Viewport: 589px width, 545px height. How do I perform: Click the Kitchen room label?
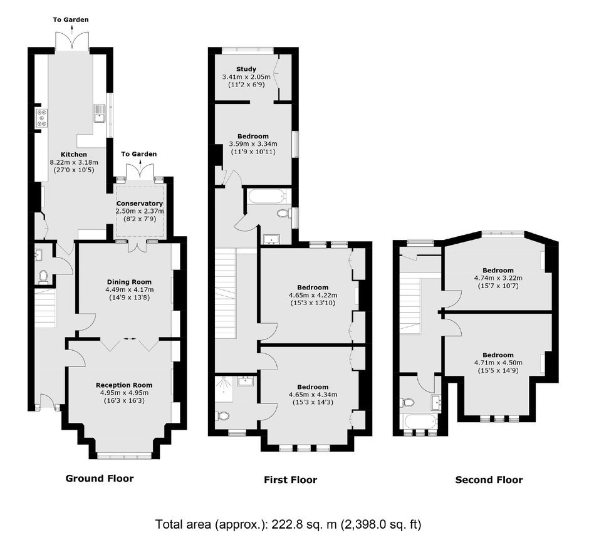pyautogui.click(x=74, y=154)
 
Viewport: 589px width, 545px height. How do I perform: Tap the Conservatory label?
pyautogui.click(x=140, y=204)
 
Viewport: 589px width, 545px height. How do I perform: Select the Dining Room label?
pyautogui.click(x=129, y=282)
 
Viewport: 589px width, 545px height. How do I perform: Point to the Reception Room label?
pyautogui.click(x=124, y=385)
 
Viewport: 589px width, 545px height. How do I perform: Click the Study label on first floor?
pyautogui.click(x=246, y=69)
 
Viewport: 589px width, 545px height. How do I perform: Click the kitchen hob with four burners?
pyautogui.click(x=41, y=117)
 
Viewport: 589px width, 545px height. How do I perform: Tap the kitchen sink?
pyautogui.click(x=99, y=113)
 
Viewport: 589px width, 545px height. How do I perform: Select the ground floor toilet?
pyautogui.click(x=43, y=276)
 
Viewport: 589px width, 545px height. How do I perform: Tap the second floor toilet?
pyautogui.click(x=407, y=403)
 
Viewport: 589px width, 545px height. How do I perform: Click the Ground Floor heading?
pyautogui.click(x=100, y=478)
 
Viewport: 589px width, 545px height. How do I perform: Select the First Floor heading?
pyautogui.click(x=290, y=480)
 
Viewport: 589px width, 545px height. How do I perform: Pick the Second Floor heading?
pyautogui.click(x=489, y=480)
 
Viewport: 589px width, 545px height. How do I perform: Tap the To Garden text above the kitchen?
pyautogui.click(x=71, y=19)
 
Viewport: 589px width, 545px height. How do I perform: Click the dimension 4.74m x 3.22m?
pyautogui.click(x=498, y=278)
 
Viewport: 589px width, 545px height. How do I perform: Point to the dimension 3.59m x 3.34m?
pyautogui.click(x=253, y=144)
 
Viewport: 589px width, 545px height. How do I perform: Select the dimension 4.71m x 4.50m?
pyautogui.click(x=498, y=363)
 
